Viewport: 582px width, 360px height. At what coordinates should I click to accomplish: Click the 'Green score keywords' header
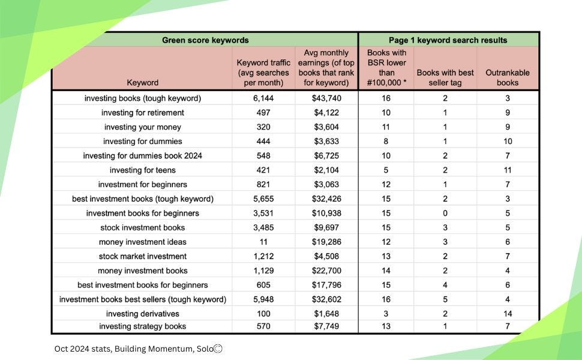coord(205,40)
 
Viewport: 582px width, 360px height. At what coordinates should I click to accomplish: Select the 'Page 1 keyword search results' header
coord(448,40)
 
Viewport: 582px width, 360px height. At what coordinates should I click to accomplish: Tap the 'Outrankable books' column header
coord(507,77)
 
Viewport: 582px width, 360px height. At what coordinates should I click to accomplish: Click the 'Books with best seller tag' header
coord(445,77)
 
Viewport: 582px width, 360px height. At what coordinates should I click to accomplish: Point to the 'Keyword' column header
coord(143,82)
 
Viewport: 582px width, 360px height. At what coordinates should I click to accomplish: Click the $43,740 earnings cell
coord(327,98)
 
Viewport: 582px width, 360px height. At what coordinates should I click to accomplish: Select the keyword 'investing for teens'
coord(143,170)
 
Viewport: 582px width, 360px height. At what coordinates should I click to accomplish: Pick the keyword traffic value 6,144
coord(263,98)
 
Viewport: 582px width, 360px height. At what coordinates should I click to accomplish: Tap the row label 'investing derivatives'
coord(143,314)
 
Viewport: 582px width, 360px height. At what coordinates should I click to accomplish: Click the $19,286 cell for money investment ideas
coord(327,242)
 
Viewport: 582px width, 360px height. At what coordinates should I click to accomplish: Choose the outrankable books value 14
coord(507,314)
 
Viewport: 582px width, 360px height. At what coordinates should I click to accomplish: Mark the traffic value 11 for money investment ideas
coord(263,242)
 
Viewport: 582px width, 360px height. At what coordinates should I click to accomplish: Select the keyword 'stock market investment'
coord(143,256)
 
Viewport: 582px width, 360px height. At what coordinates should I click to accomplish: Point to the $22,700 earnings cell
coord(327,271)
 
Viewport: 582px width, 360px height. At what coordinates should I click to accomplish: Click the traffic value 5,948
coord(263,299)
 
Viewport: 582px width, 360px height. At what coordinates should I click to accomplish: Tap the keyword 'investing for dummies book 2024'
coord(143,156)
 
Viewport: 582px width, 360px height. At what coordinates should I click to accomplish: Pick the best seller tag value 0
coord(445,213)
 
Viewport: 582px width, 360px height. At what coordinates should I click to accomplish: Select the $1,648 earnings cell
coord(327,314)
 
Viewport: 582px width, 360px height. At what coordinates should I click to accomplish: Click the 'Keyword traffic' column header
coord(263,73)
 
